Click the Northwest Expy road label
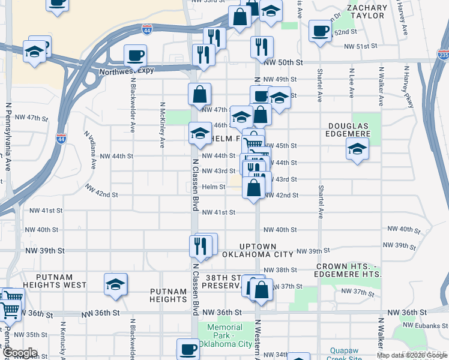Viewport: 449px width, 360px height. [x=120, y=70]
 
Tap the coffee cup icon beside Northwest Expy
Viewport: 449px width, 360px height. [x=134, y=56]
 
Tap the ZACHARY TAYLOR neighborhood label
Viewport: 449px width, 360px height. [x=366, y=11]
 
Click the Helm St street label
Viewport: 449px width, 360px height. [x=213, y=187]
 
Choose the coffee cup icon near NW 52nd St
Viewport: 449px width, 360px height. [x=320, y=30]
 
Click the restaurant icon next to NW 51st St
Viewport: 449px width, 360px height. [x=261, y=47]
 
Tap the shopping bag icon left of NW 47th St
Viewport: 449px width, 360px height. [x=199, y=94]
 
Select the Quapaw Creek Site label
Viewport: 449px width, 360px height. [x=352, y=354]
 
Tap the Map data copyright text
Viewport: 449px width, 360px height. [x=412, y=355]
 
